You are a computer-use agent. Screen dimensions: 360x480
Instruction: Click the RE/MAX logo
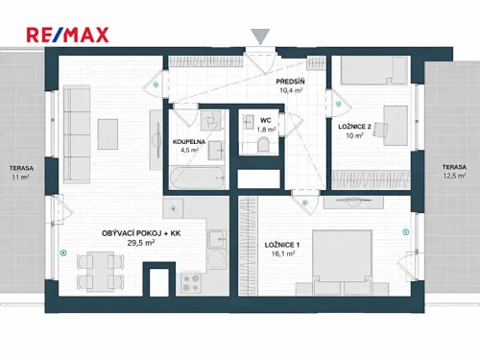point(67,36)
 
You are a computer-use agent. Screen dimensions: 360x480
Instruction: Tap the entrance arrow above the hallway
point(260,36)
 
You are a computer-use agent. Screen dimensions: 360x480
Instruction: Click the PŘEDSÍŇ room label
point(291,82)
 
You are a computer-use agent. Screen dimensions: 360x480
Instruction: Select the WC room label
point(266,120)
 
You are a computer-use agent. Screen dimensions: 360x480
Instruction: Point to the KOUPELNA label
point(188,141)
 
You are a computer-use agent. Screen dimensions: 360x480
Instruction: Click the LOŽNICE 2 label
point(356,127)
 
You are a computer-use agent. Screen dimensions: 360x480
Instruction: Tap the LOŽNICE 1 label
point(283,245)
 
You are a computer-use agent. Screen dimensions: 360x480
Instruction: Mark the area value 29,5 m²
point(141,244)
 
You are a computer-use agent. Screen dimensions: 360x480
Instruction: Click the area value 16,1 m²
point(283,254)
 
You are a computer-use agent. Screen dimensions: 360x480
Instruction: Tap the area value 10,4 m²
point(291,91)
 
